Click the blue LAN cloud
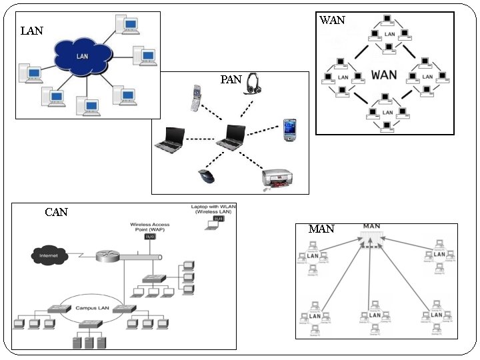tap(82, 56)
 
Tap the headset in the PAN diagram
tap(253, 83)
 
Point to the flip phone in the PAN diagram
tap(196, 97)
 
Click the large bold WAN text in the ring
tap(385, 73)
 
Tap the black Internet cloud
tap(49, 255)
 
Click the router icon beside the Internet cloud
tap(107, 255)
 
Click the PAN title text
tap(231, 80)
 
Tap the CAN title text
tap(57, 213)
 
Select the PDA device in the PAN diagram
tap(289, 129)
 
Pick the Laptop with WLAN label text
tap(213, 210)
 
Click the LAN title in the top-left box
tap(32, 31)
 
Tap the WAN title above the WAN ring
tap(332, 20)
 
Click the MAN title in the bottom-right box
tap(321, 229)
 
